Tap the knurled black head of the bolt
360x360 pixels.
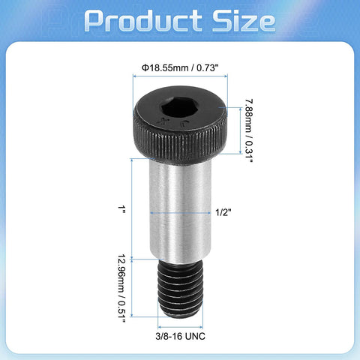(x=180, y=142)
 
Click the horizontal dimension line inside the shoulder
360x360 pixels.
(x=180, y=213)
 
